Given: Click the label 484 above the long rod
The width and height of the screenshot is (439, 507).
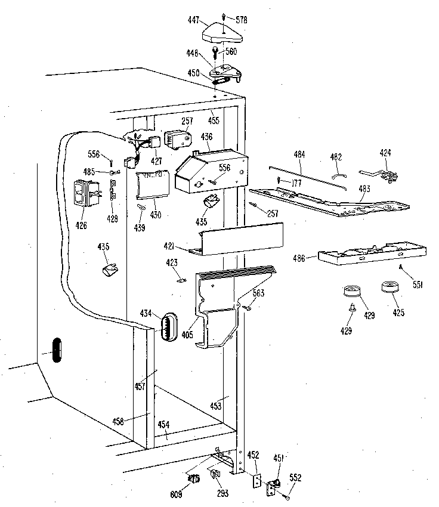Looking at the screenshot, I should pyautogui.click(x=299, y=155).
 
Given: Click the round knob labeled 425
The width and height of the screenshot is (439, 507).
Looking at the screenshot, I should pyautogui.click(x=390, y=292).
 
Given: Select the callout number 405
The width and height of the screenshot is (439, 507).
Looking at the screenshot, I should pyautogui.click(x=187, y=335).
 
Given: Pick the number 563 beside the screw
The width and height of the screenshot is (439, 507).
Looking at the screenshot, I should pyautogui.click(x=258, y=293).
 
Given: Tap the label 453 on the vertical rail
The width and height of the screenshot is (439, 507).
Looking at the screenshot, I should pyautogui.click(x=215, y=406).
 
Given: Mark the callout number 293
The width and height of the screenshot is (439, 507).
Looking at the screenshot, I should pyautogui.click(x=221, y=494).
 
